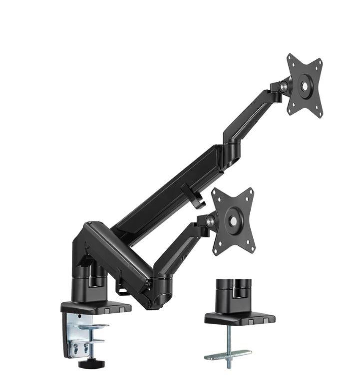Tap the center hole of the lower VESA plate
pyautogui.click(x=233, y=220)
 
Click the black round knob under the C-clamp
pyautogui.click(x=88, y=364)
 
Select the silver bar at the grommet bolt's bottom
pyautogui.click(x=228, y=355)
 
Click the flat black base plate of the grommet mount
pyautogui.click(x=240, y=318)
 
